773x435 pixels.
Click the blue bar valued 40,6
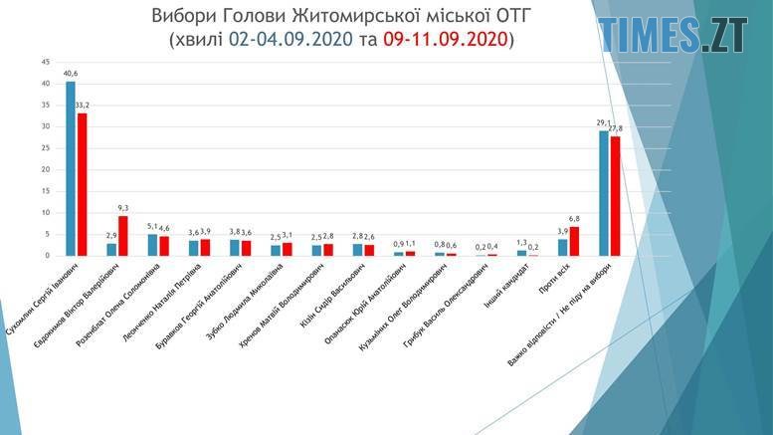[x=71, y=168]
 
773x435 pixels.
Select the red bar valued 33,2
[x=83, y=184]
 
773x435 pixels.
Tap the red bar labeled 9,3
[x=123, y=236]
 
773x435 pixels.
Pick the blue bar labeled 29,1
[x=603, y=193]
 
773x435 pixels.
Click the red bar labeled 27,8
[x=615, y=196]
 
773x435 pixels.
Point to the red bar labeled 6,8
[x=574, y=241]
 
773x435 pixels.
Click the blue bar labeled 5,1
[x=152, y=245]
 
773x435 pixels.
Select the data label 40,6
[x=71, y=73]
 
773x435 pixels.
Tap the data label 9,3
[x=123, y=207]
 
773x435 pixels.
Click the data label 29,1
[x=602, y=122]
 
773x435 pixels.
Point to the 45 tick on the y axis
[x=45, y=62]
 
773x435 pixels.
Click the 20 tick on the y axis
[x=45, y=169]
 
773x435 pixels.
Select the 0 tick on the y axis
[x=47, y=256]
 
